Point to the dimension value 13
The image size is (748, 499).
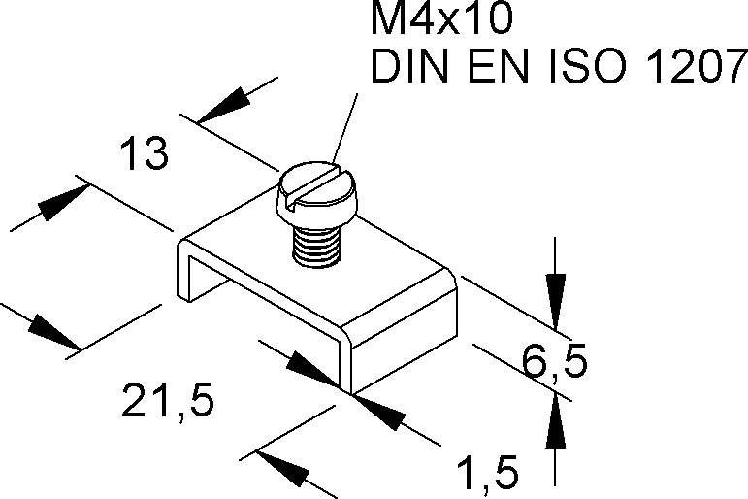pos(142,154)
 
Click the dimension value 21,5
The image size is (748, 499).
pos(166,401)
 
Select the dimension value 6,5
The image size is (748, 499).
pos(554,364)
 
